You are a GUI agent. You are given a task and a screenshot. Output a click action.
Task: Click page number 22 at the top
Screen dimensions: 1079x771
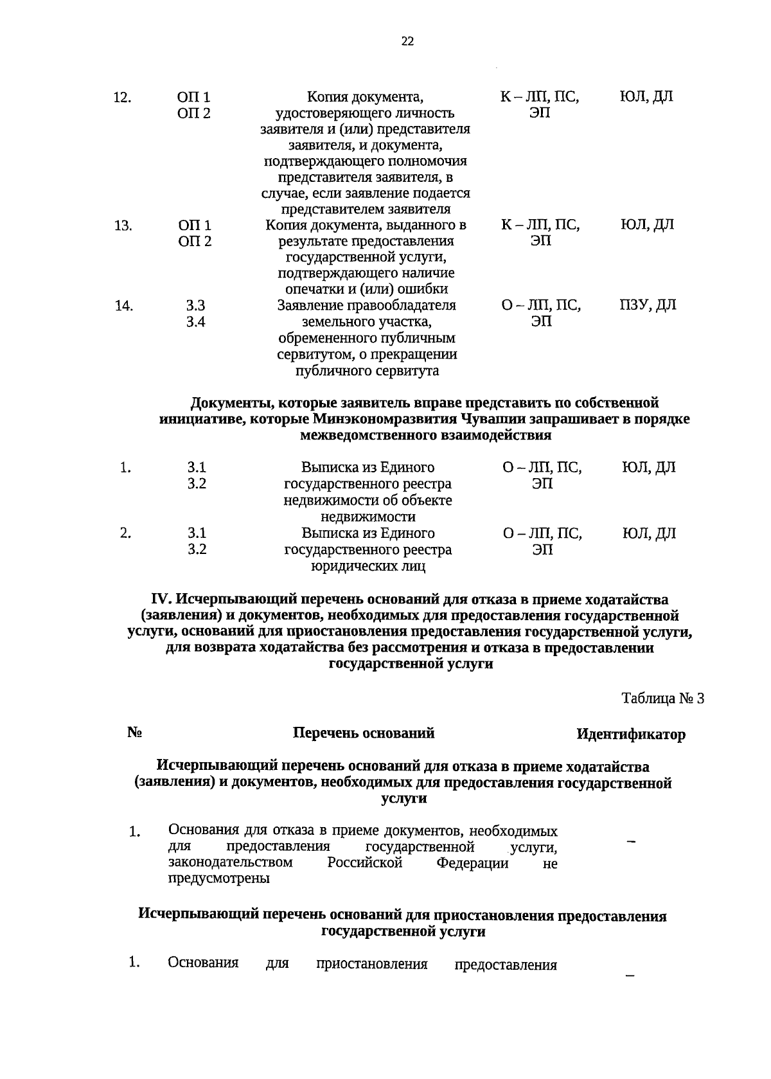tap(407, 42)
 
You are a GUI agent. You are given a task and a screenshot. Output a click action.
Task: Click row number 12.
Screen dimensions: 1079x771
tap(122, 98)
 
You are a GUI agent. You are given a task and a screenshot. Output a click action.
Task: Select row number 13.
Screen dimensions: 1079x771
tap(123, 226)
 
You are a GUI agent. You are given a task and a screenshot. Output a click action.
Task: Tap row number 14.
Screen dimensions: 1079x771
tap(123, 306)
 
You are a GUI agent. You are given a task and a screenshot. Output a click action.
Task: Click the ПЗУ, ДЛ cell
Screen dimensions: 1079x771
tap(647, 305)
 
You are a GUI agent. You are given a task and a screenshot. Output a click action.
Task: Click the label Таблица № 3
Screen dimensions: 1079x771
tap(662, 698)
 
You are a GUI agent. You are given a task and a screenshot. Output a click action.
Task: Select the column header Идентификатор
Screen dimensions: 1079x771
tap(630, 734)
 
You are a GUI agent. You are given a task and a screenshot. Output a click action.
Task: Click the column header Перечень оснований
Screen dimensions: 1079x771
tap(364, 733)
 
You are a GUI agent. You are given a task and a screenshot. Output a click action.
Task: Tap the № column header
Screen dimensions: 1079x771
tap(134, 733)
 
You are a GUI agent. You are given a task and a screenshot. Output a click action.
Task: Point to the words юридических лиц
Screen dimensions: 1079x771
tap(368, 566)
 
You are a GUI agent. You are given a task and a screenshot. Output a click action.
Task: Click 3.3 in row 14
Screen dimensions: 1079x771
tap(195, 306)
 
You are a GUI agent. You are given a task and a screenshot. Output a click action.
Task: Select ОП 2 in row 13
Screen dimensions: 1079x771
tap(194, 242)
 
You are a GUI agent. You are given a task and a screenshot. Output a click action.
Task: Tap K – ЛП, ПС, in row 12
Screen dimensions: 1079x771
tap(540, 98)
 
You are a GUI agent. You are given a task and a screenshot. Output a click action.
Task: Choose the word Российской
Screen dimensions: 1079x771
tap(364, 862)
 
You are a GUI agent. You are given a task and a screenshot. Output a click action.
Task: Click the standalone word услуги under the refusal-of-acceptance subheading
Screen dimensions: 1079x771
tap(403, 799)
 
